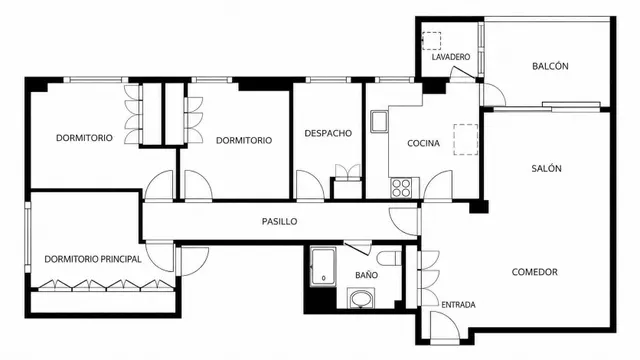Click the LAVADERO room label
[451, 57]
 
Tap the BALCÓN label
[550, 66]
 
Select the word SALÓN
[546, 168]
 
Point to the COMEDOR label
[534, 272]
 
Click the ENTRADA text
[458, 305]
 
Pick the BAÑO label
[366, 275]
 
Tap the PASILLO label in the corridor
[279, 222]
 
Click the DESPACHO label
[328, 133]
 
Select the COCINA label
[423, 143]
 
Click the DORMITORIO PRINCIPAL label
[93, 259]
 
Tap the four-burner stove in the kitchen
[401, 188]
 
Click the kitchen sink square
[379, 121]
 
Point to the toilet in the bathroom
[389, 258]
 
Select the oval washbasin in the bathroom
[360, 299]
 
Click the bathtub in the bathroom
[323, 267]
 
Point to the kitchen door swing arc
[432, 180]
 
